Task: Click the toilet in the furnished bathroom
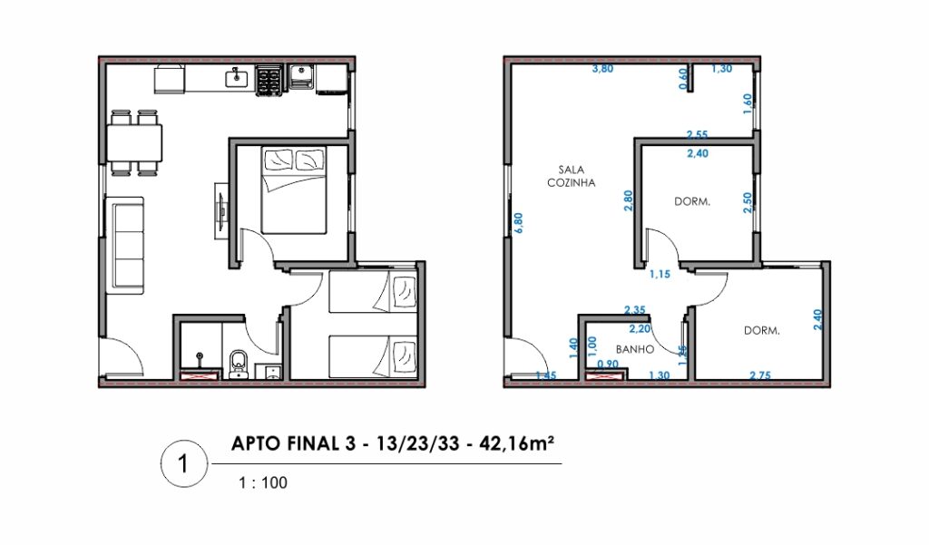[x=239, y=364]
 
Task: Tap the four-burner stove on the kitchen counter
[x=268, y=81]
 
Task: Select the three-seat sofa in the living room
[x=124, y=245]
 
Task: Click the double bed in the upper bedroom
[x=294, y=190]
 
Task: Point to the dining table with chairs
[x=134, y=142]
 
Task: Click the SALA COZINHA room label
[x=572, y=177]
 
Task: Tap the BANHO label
[x=634, y=349]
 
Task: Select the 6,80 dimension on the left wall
[x=519, y=223]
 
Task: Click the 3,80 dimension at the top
[x=602, y=69]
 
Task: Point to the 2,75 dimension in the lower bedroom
[x=760, y=375]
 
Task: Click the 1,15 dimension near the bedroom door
[x=660, y=274]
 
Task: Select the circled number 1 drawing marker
[x=184, y=464]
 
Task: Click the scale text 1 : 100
[x=263, y=482]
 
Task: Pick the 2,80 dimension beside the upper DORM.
[x=629, y=200]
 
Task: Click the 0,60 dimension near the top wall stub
[x=683, y=79]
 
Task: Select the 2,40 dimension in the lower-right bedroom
[x=818, y=320]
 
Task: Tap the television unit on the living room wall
[x=221, y=211]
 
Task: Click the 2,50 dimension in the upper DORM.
[x=748, y=202]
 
